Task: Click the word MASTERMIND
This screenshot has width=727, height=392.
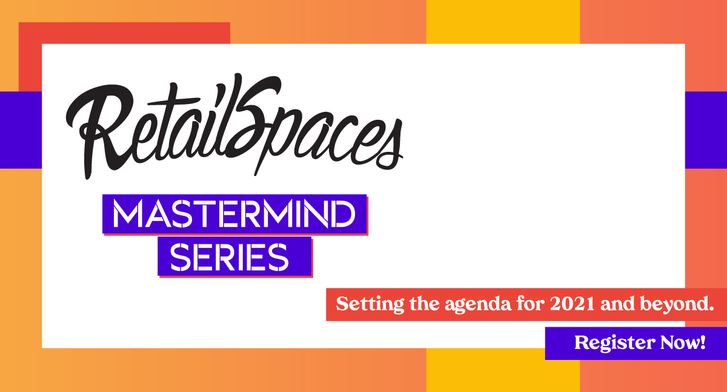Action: (x=234, y=214)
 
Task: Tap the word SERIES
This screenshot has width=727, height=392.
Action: (x=229, y=257)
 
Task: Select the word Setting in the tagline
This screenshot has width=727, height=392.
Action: (x=370, y=304)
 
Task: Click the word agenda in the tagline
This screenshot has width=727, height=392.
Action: (x=478, y=304)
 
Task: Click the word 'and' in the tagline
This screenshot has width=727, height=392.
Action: (x=617, y=304)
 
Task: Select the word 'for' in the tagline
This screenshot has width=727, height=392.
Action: (x=531, y=304)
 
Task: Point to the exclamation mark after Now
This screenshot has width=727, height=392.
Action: (x=703, y=342)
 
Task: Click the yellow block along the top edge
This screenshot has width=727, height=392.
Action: (x=503, y=22)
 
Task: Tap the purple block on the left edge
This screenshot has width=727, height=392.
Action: (x=21, y=130)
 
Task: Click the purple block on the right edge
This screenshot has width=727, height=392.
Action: (x=706, y=130)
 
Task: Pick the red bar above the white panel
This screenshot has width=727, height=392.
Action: (x=124, y=33)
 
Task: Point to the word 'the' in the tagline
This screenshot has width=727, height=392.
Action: (x=425, y=304)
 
